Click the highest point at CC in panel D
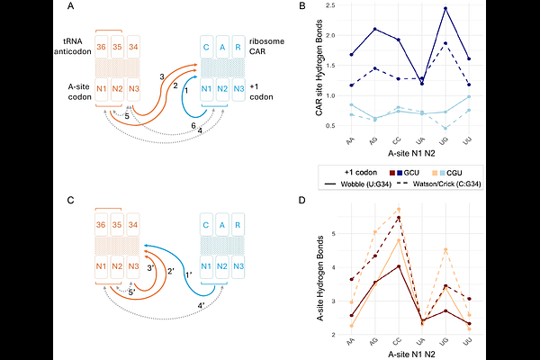click(398, 209)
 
